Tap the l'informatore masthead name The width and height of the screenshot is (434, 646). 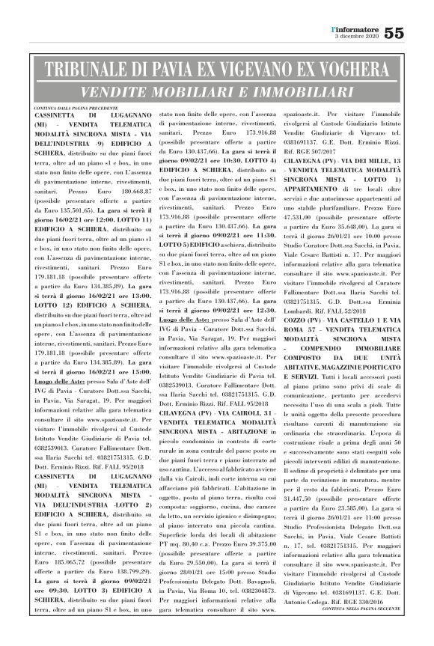click(x=356, y=27)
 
